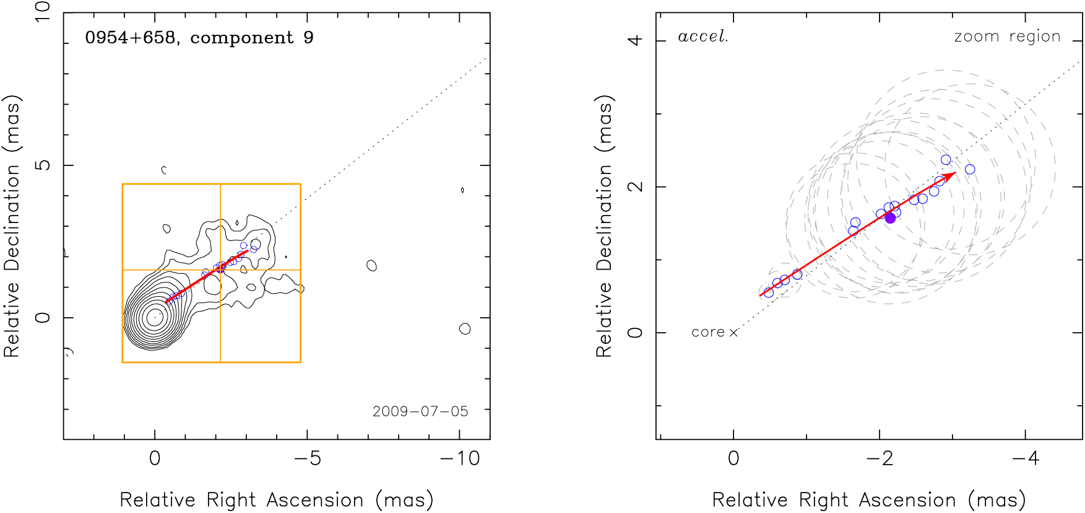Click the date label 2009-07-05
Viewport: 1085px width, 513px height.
coord(420,411)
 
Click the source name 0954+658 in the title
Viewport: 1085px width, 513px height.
coord(130,38)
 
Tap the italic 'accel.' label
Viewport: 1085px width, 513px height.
coord(703,37)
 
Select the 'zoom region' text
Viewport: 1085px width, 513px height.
coord(1007,37)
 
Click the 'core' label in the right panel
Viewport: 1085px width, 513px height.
coord(707,333)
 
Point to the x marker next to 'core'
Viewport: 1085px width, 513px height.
coord(733,333)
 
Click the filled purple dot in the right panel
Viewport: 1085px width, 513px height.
coord(890,217)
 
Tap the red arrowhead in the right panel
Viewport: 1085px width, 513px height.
coord(951,175)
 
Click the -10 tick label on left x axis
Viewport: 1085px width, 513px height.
coord(460,458)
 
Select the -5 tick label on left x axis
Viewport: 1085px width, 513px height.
coord(308,458)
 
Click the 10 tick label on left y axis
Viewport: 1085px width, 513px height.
coord(42,12)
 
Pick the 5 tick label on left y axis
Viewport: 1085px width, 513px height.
coord(42,165)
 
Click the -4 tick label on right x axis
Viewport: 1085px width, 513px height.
coord(1026,458)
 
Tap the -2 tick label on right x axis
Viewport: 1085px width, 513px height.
coord(880,458)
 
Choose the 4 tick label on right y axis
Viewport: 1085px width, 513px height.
coord(635,41)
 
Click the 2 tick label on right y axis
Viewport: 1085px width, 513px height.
coord(635,186)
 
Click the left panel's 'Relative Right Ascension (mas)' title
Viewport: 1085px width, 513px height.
coord(276,499)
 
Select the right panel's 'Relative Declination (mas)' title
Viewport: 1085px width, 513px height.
coord(604,226)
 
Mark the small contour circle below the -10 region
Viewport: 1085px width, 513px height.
coord(465,329)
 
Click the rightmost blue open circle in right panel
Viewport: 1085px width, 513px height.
coord(970,169)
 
